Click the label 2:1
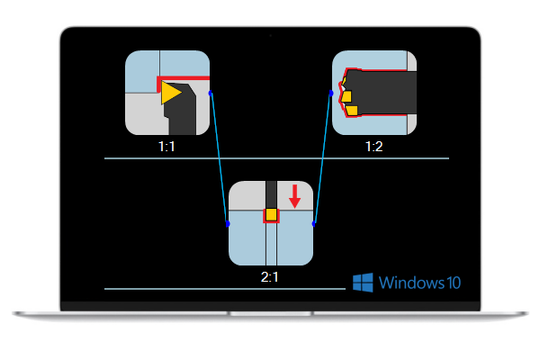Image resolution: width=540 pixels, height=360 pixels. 270,276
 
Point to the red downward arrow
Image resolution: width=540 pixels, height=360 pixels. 294,196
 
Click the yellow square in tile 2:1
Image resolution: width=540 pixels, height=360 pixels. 271,214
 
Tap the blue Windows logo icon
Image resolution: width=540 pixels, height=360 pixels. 363,283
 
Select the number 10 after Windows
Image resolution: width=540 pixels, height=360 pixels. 454,283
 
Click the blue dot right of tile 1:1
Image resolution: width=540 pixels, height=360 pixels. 211,92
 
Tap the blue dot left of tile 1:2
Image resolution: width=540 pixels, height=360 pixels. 331,92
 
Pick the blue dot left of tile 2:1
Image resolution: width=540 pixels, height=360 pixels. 228,223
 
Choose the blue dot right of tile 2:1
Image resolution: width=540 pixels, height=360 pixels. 314,222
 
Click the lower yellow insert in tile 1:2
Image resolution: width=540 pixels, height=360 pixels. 352,110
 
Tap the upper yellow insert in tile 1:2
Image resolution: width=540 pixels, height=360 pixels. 346,95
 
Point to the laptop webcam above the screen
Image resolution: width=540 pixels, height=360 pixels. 269,35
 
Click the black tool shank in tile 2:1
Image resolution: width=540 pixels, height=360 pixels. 271,193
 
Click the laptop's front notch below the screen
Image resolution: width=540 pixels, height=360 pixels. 269,313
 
